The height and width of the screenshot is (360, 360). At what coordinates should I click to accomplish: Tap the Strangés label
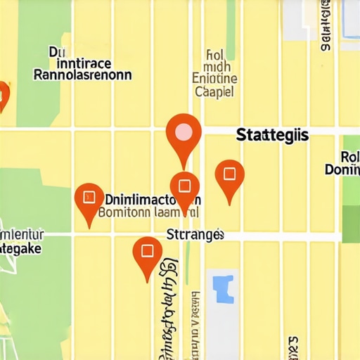[195, 234]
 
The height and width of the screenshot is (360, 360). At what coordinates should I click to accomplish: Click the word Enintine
[214, 79]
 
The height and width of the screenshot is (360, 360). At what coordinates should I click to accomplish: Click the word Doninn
[342, 169]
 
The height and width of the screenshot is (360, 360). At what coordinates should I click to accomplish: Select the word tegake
[21, 248]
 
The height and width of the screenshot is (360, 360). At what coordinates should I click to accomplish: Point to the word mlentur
[22, 234]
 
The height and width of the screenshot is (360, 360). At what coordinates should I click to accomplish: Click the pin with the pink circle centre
[184, 133]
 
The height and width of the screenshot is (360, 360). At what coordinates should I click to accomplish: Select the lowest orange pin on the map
[147, 252]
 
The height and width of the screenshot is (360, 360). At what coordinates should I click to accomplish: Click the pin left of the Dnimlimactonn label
[89, 198]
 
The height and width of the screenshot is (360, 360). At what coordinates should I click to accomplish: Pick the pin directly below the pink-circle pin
[184, 187]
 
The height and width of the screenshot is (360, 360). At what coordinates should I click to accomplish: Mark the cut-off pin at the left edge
[3, 94]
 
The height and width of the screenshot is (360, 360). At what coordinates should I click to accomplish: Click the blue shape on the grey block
[223, 289]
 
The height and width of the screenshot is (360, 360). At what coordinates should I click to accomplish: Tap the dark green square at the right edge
[351, 224]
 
